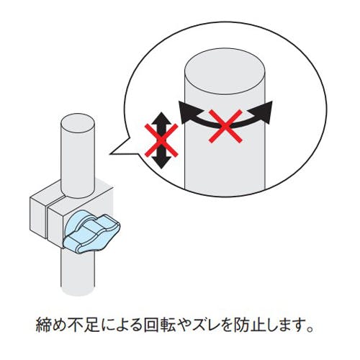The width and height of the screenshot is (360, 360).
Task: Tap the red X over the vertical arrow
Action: pyautogui.click(x=161, y=140)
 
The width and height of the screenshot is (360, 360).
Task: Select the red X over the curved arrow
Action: pyautogui.click(x=225, y=126)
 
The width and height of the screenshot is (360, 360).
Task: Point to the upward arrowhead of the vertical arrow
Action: pyautogui.click(x=162, y=118)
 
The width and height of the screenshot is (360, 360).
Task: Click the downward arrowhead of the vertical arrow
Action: pyautogui.click(x=161, y=162)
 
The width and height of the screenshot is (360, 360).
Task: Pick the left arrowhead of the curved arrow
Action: pyautogui.click(x=186, y=112)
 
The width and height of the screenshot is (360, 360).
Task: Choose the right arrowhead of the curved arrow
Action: pyautogui.click(x=262, y=112)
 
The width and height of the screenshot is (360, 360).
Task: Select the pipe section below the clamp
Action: pyautogui.click(x=78, y=272)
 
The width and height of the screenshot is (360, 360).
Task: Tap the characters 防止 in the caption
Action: pyautogui.click(x=251, y=325)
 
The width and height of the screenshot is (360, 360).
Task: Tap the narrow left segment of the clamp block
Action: pyautogui.click(x=37, y=216)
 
